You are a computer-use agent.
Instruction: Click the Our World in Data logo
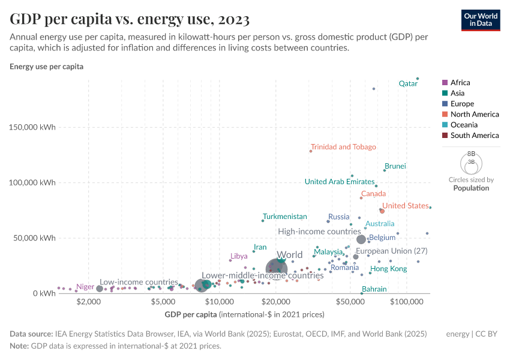pos(481,19)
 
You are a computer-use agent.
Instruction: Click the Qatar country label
pos(408,84)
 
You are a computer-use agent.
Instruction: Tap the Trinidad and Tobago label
pos(343,147)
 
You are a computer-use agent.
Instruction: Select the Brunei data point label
pos(395,166)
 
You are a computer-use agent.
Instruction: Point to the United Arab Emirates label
pos(339,182)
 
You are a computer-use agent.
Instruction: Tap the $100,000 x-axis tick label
pos(407,302)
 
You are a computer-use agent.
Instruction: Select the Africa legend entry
pos(460,83)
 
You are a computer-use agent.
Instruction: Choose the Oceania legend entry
pos(464,125)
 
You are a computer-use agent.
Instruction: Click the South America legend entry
pos(474,136)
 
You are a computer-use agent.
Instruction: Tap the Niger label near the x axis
pos(85,287)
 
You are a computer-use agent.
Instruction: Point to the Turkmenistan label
pos(285,217)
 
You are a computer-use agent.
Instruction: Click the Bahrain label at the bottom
pos(374,289)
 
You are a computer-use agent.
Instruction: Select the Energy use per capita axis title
pos(46,67)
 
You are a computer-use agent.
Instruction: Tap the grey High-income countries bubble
pos(361,239)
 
